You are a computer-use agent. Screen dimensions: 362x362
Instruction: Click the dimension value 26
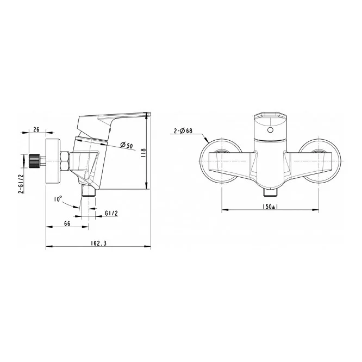(x=36, y=129)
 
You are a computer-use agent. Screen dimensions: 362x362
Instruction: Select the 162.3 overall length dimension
(x=98, y=243)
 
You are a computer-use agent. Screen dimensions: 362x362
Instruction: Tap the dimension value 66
(x=67, y=223)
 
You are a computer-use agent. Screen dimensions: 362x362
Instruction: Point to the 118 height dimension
(x=143, y=153)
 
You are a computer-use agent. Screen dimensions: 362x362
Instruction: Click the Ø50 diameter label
(x=127, y=146)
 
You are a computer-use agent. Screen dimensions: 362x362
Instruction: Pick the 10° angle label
(x=58, y=198)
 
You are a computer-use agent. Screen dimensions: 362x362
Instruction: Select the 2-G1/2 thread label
(x=21, y=184)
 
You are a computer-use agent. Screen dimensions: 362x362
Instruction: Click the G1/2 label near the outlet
(x=111, y=213)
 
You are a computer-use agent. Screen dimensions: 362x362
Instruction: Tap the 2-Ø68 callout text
(x=183, y=131)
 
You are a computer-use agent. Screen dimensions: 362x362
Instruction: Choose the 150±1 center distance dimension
(x=270, y=207)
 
